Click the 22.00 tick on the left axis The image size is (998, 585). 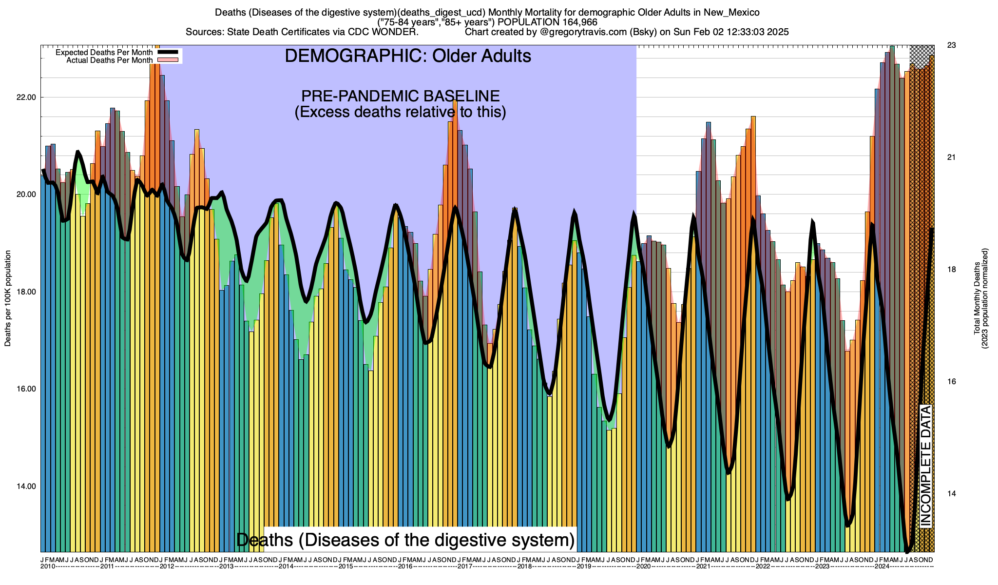(26, 97)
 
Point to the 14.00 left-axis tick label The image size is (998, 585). (26, 487)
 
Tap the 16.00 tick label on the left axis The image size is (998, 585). (26, 389)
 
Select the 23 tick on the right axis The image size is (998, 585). (951, 45)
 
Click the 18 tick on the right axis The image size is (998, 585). (951, 270)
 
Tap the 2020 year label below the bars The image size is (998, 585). (643, 566)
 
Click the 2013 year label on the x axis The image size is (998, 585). (226, 566)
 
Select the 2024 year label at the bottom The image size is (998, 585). (882, 566)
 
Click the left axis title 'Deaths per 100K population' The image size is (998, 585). (8, 298)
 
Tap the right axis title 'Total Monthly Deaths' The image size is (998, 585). (977, 298)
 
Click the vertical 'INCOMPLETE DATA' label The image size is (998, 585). (925, 466)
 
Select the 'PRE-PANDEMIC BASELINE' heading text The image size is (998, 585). (401, 96)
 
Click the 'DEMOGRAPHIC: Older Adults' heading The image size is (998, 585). (408, 56)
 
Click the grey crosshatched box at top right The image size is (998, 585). (922, 57)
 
